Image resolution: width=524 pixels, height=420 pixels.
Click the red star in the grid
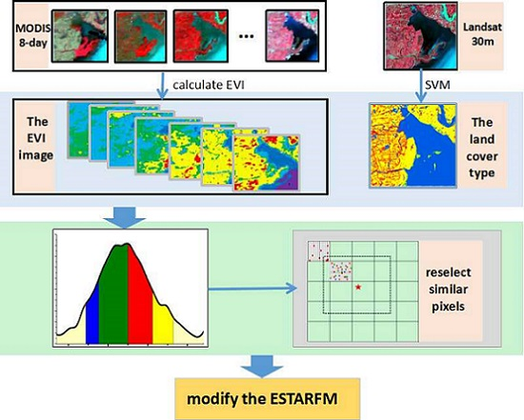[357, 287]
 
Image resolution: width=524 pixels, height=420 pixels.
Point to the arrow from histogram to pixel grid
[249, 283]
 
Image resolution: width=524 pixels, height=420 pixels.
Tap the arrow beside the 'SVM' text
[418, 86]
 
